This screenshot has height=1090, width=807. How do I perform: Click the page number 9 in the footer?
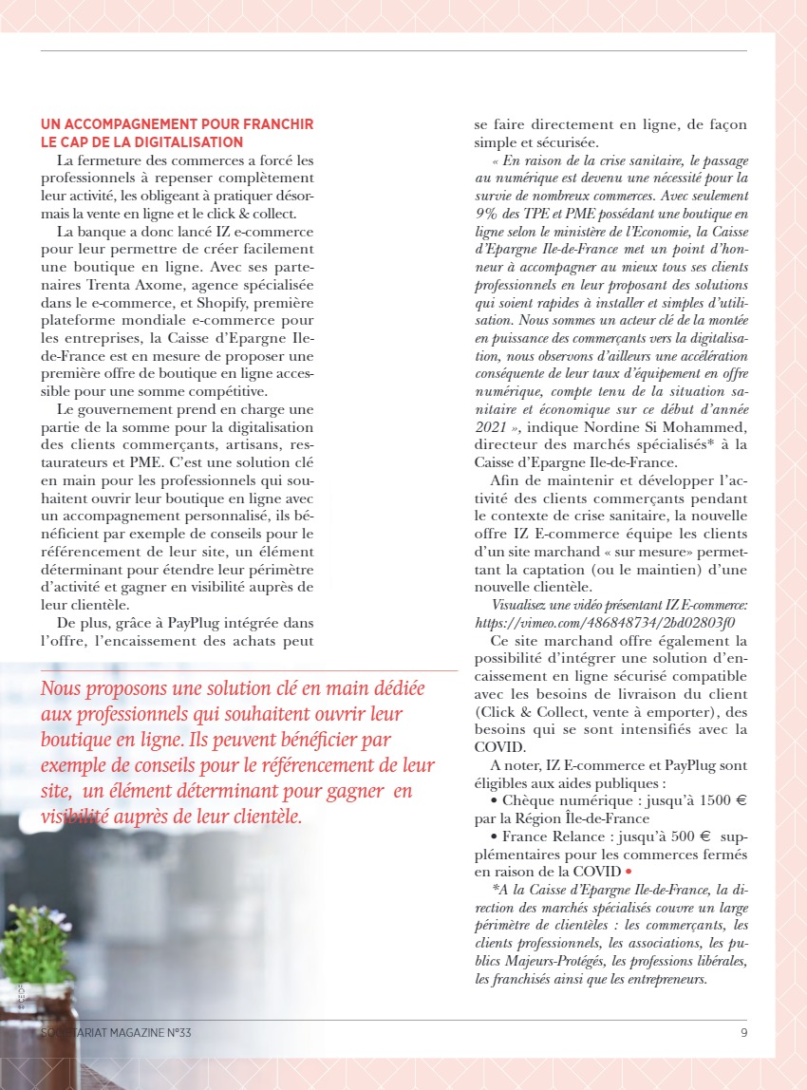coord(743,1033)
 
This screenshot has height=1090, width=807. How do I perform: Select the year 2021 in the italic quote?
coord(490,426)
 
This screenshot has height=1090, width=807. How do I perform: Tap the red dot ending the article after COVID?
coord(629,871)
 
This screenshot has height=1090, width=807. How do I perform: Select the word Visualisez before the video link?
coord(526,605)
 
